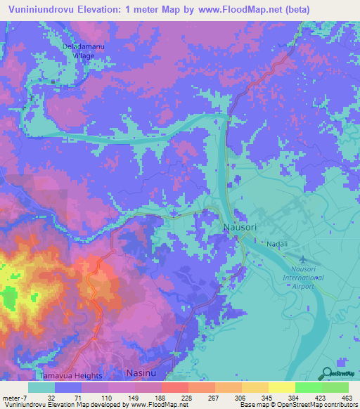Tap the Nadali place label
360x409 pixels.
(x=275, y=244)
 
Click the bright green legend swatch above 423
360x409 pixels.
(x=308, y=387)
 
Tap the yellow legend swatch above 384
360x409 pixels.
(x=281, y=387)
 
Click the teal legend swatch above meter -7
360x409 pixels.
(x=41, y=387)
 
